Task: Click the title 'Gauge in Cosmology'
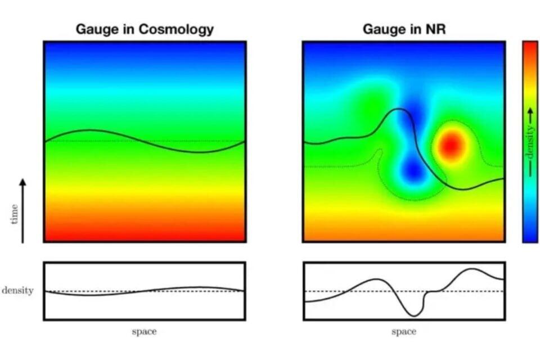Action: point(145,29)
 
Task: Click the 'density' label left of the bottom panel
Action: point(17,291)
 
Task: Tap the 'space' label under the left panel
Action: point(144,331)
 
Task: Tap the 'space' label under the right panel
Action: point(403,331)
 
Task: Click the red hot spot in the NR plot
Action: point(451,146)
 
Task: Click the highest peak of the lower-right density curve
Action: point(471,269)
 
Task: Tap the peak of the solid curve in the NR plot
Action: point(399,110)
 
